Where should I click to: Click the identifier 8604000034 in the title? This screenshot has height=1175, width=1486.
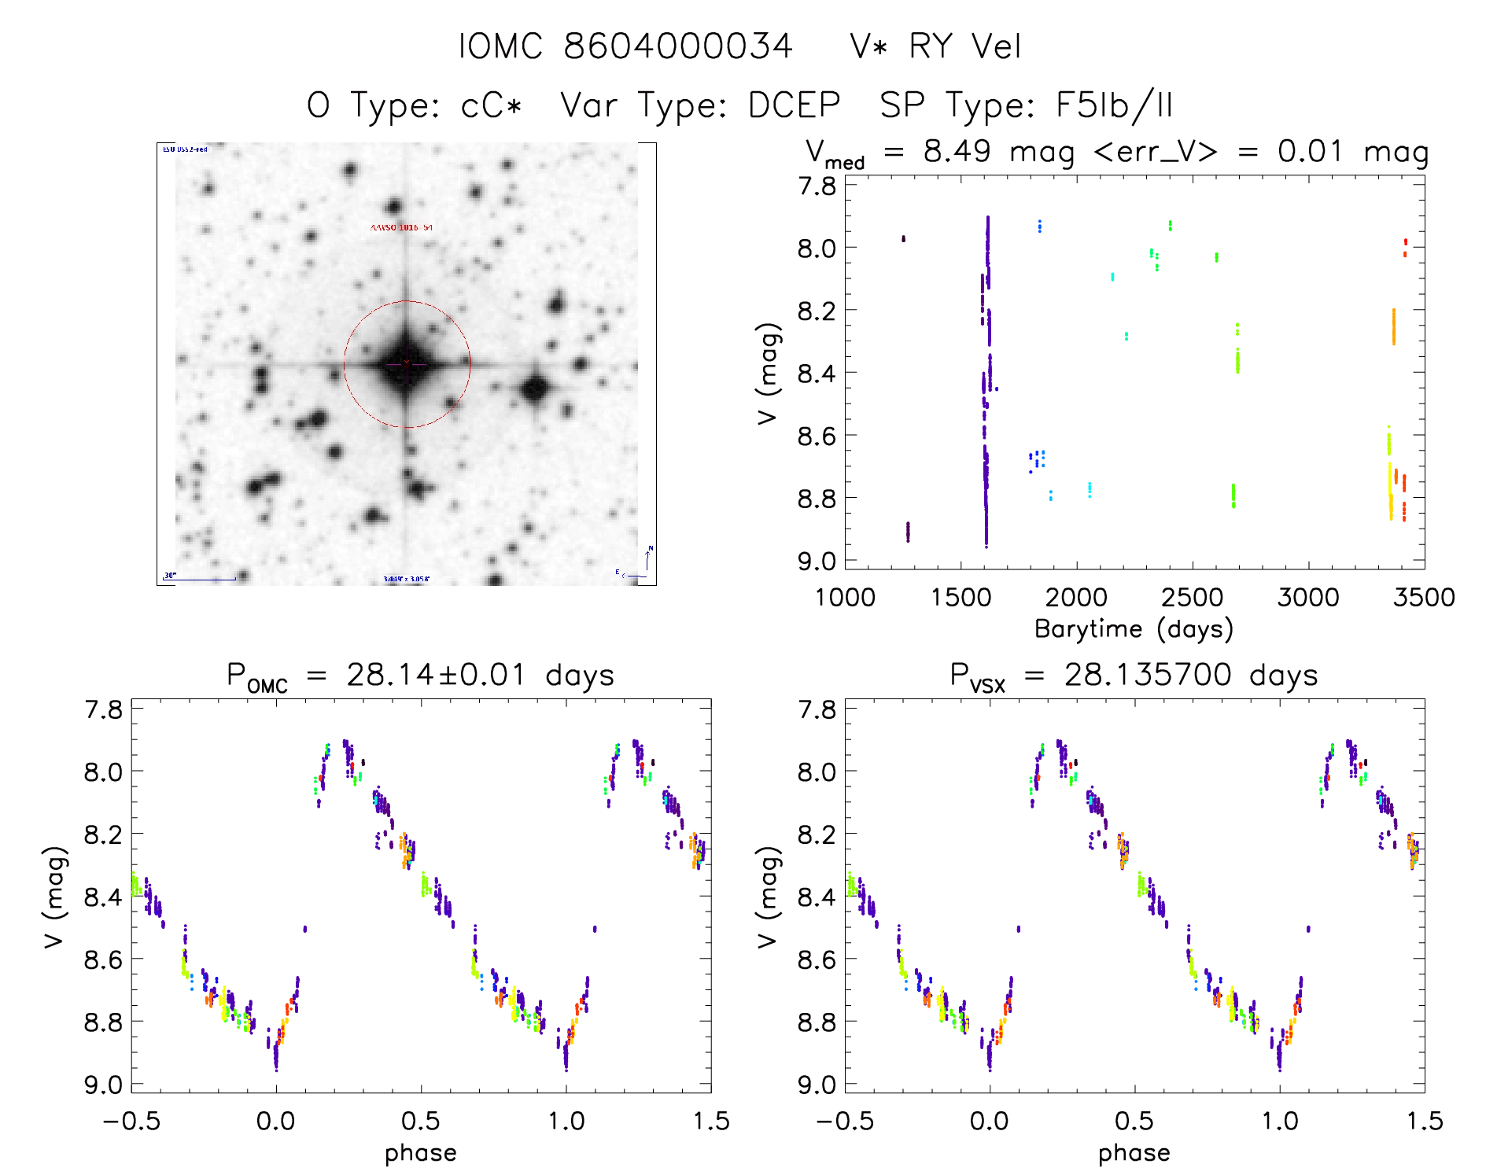pos(677,46)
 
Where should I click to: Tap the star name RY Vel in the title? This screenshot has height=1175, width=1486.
pos(964,46)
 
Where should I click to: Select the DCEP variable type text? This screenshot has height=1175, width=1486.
pos(794,105)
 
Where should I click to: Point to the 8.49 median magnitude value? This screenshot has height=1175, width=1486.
pos(957,151)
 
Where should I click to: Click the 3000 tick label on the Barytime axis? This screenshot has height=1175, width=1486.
pos(1307,598)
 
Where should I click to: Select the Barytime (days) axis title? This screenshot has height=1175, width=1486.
pos(1134,629)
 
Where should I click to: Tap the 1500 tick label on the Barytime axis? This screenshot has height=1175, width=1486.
pos(961,598)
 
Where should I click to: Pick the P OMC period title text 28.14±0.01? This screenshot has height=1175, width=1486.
pos(436,675)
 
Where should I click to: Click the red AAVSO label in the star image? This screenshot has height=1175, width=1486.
pos(401,227)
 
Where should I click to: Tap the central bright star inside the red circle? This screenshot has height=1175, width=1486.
pos(406,364)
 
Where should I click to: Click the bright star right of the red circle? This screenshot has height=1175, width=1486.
pos(536,389)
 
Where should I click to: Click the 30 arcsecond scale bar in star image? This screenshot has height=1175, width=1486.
pos(200,578)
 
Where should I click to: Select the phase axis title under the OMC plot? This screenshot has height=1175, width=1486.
pos(420,1153)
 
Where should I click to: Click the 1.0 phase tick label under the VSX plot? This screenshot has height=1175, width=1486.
pos(1279,1122)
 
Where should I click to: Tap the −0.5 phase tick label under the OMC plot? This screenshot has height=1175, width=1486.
pos(131,1122)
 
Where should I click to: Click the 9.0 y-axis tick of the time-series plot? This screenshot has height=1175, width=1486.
pos(817,561)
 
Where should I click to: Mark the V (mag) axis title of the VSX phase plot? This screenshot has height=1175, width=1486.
pos(768,897)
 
